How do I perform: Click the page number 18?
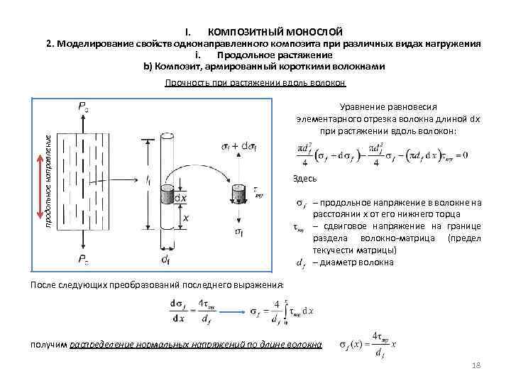[476, 365]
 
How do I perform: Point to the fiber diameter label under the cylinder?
[165, 260]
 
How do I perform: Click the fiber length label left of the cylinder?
[147, 182]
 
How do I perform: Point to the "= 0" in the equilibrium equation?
[461, 155]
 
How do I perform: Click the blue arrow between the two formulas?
[231, 311]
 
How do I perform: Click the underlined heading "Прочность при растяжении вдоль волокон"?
[255, 83]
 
